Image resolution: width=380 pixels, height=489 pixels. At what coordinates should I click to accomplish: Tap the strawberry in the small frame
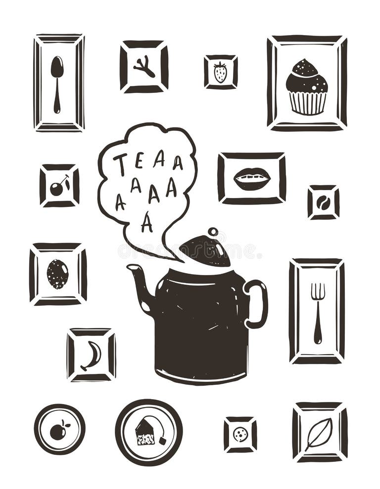(x=220, y=72)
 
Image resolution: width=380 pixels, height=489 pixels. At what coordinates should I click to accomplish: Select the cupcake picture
(x=306, y=87)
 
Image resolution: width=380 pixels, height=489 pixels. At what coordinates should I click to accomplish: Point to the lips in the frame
(x=251, y=178)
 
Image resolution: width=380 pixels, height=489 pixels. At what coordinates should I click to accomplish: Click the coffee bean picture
(x=323, y=202)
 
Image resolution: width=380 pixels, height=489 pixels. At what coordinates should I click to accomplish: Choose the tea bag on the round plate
(x=145, y=432)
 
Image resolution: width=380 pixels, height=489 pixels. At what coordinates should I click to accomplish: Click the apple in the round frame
(x=59, y=430)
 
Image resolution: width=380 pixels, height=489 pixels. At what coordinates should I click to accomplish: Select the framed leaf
(x=318, y=433)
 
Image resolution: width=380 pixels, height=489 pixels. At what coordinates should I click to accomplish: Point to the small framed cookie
(x=240, y=434)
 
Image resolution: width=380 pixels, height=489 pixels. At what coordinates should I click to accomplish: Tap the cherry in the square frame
(x=59, y=186)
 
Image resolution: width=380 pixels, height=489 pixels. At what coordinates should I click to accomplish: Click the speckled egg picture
(x=57, y=274)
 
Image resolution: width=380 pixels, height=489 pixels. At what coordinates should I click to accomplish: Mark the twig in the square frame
(x=144, y=67)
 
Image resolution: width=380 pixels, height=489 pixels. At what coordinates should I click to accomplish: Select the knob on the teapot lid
(x=213, y=232)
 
